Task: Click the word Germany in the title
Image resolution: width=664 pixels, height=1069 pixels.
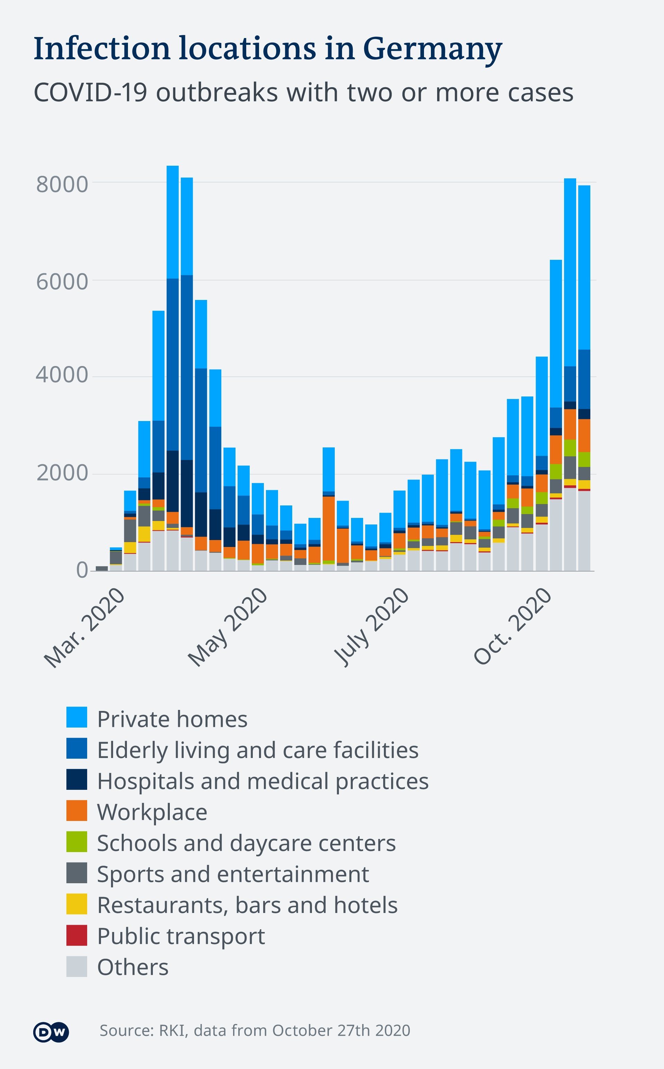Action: [432, 49]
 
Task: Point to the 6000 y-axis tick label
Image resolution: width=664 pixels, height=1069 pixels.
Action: [62, 282]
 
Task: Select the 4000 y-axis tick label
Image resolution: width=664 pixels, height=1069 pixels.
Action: [62, 375]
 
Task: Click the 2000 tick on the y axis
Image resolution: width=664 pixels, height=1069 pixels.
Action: [62, 473]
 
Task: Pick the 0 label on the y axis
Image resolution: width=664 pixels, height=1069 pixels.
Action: [82, 570]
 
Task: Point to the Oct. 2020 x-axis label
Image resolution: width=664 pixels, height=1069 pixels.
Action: [513, 625]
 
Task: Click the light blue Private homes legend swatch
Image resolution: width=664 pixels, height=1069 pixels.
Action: [76, 717]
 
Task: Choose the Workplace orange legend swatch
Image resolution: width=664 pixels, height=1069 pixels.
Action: [76, 810]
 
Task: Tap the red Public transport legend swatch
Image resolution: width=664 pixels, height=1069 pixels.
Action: [76, 935]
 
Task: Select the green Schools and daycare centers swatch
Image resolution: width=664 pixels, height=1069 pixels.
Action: [76, 841]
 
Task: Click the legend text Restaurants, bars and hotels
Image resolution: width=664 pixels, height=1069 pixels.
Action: [247, 905]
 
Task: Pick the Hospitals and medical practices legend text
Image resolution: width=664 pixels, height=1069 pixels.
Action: [262, 781]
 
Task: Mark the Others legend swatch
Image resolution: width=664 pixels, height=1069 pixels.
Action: [76, 966]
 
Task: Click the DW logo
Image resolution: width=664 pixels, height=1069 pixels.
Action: [51, 1032]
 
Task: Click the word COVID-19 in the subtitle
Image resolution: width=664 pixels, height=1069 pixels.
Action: [90, 93]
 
